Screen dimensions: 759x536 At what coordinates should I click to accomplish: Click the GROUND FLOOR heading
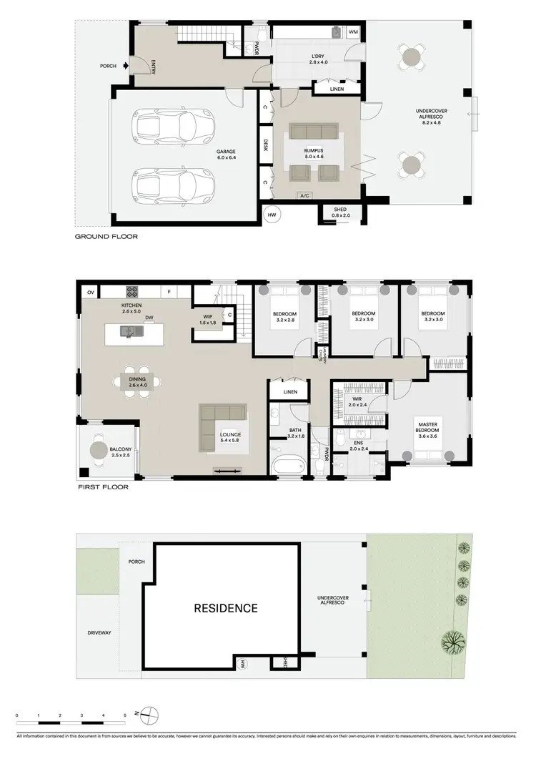[106, 236]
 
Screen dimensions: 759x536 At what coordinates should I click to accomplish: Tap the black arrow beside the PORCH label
[126, 67]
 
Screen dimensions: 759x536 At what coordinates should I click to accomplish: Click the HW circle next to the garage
[272, 214]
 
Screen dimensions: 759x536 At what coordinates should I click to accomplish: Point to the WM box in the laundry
[353, 32]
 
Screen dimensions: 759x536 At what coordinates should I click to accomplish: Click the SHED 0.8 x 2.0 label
[337, 212]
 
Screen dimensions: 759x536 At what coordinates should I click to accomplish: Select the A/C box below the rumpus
[304, 195]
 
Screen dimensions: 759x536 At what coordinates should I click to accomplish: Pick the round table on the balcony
[99, 451]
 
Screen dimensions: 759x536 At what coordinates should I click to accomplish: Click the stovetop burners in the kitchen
[132, 291]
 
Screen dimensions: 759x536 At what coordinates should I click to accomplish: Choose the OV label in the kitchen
[91, 292]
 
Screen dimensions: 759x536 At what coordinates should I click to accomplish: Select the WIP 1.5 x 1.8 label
[208, 319]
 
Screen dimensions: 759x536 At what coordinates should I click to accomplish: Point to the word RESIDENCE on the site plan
[226, 609]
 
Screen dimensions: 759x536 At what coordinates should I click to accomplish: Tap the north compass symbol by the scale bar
[148, 713]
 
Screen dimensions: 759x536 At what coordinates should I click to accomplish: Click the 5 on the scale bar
[125, 715]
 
